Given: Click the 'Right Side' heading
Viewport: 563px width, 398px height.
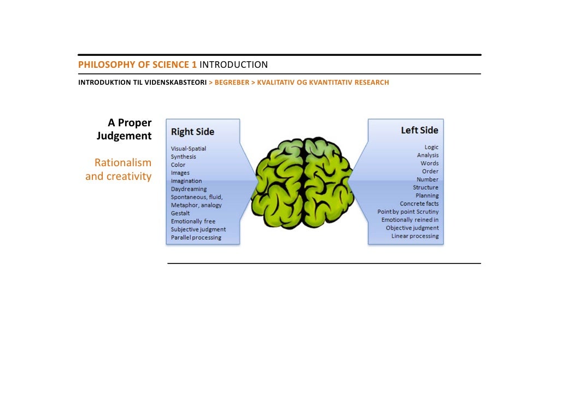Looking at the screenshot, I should (x=192, y=132).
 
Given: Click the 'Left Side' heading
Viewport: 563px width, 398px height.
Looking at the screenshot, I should (x=419, y=130).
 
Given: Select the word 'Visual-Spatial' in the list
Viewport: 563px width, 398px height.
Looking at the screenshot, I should (x=189, y=149).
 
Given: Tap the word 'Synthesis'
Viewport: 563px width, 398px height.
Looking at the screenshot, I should (x=183, y=157).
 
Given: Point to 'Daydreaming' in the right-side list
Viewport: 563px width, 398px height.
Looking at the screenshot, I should (x=189, y=189).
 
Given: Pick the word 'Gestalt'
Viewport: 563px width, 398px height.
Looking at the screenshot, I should (x=181, y=213).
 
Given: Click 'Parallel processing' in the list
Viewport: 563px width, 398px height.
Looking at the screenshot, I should (x=196, y=238).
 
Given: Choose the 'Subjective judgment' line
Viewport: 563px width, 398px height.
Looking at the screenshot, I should (x=198, y=230).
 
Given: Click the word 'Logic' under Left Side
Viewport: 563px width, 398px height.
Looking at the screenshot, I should (x=431, y=147).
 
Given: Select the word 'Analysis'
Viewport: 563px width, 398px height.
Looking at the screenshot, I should (x=427, y=155).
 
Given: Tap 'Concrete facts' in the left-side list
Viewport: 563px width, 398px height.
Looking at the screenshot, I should (x=419, y=204).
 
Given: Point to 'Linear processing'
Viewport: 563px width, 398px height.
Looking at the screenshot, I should (x=415, y=236).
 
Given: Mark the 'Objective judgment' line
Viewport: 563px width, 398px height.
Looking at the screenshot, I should (x=412, y=228).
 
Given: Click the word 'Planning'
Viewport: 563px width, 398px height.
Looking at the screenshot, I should (x=427, y=196).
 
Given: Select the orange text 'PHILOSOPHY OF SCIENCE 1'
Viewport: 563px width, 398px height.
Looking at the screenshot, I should (x=137, y=65).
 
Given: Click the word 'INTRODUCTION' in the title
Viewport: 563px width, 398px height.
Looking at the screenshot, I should (x=233, y=65).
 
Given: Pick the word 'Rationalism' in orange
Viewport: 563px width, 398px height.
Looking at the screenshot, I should (x=122, y=163).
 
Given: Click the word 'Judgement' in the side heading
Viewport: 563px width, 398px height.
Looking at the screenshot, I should (x=124, y=136).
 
